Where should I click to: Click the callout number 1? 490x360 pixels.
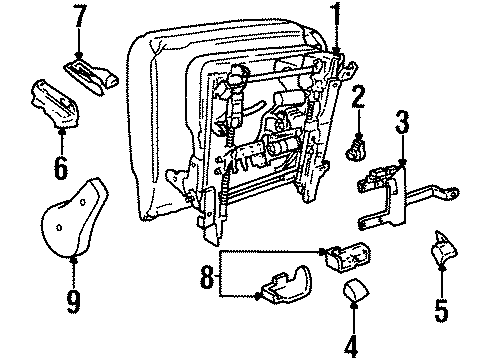coord(335,16)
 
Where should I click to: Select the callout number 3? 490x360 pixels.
coord(402,125)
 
